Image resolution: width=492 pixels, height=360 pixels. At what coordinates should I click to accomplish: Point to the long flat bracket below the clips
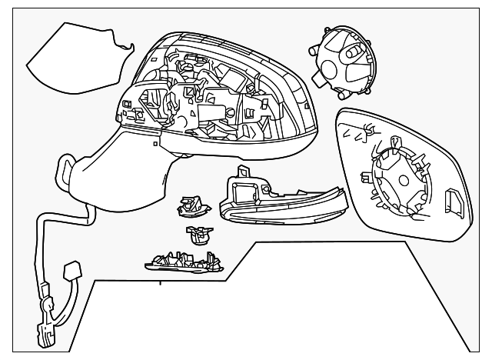pos(183,264)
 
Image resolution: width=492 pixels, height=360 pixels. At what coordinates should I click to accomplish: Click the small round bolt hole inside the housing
pos(231,112)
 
